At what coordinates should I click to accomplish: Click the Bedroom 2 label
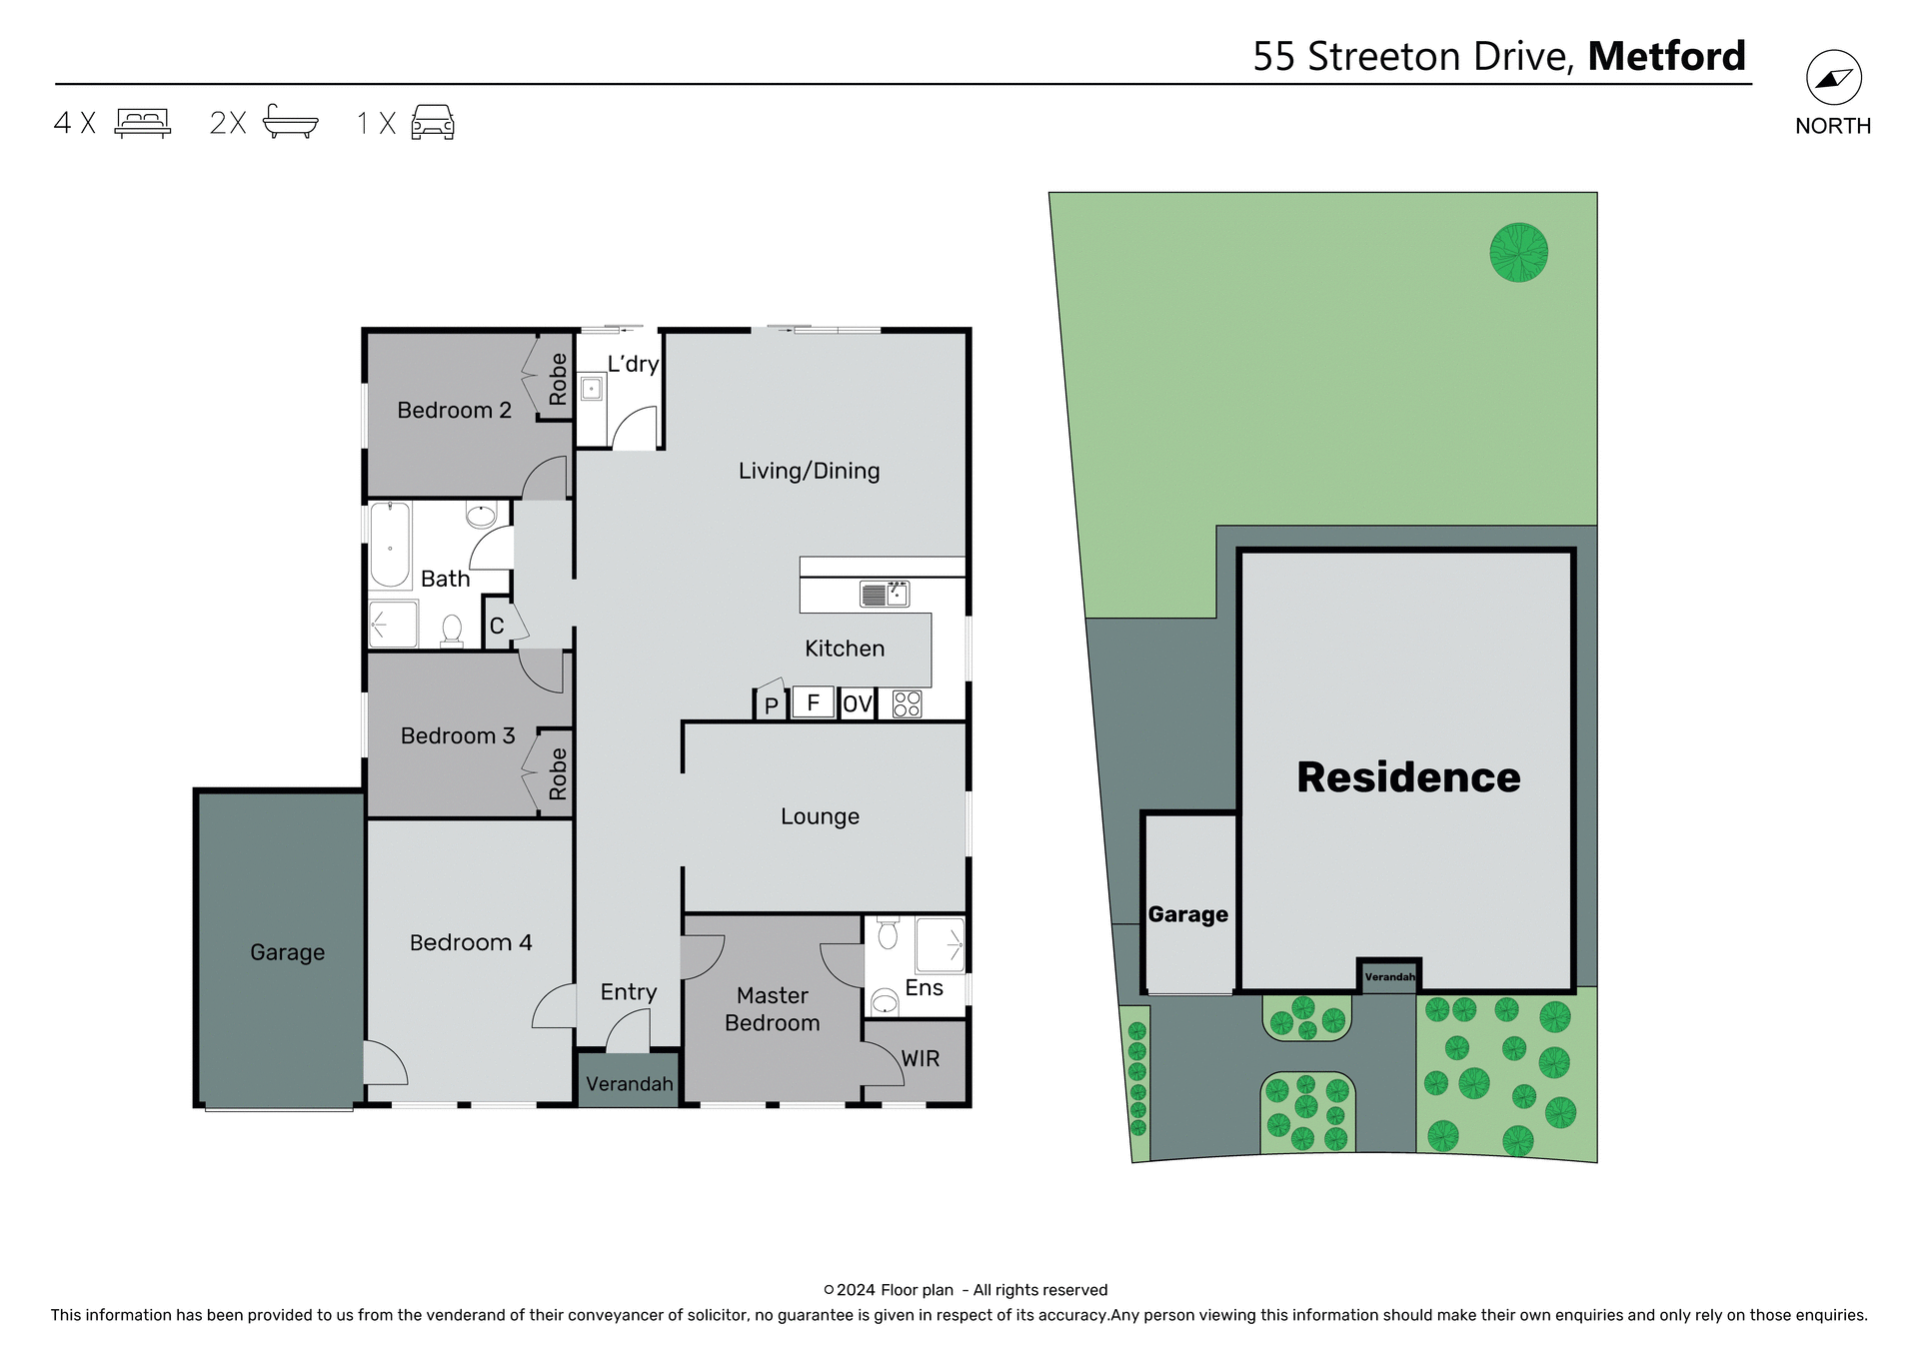454,410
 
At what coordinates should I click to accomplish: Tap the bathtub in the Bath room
390,547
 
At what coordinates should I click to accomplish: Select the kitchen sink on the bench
885,595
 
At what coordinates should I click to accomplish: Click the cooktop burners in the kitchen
907,704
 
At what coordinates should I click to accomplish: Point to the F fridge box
813,702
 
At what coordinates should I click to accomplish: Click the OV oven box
858,704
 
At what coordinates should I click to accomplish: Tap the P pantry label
771,706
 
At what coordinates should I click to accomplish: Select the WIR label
920,1059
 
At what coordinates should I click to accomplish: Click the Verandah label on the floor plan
629,1084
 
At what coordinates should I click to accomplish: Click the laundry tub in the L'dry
591,389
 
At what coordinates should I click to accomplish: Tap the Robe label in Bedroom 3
558,774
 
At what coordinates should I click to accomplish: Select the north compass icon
1833,78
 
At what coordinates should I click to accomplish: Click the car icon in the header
433,122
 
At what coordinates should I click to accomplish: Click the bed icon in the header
143,122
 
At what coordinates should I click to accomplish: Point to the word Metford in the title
1666,56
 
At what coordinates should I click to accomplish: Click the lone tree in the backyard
1518,252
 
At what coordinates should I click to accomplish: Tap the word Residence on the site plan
1408,777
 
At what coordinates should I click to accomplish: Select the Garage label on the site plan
1187,914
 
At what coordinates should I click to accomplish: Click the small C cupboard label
497,627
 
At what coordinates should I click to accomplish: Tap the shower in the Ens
941,944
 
